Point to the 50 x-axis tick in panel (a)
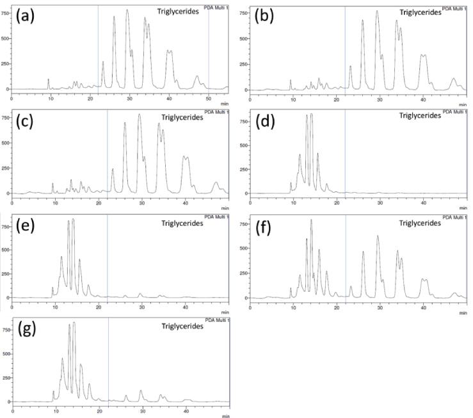pos(209,97)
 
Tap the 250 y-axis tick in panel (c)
pos(6,172)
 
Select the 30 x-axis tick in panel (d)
pos(380,202)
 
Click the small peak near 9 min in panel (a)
pos(48,80)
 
